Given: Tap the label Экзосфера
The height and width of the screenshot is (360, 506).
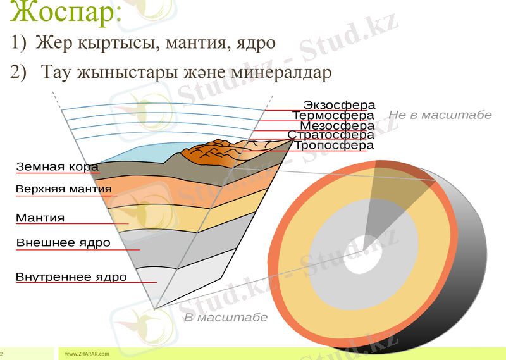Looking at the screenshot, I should click(x=339, y=105).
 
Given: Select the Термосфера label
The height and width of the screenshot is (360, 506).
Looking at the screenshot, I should click(x=333, y=116).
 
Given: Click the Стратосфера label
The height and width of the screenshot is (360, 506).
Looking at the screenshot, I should click(x=331, y=135).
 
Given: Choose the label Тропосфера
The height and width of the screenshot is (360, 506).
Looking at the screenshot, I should click(x=334, y=146).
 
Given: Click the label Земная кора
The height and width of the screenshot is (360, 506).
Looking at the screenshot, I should click(x=57, y=167).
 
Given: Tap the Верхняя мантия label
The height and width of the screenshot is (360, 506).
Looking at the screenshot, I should click(x=63, y=189).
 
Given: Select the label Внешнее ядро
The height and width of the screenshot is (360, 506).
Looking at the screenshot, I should click(x=63, y=242).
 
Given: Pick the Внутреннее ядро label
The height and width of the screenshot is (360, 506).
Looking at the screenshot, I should click(x=71, y=277).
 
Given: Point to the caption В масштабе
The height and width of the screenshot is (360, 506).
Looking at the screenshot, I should click(x=226, y=318).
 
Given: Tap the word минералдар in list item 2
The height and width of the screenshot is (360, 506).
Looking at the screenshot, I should click(x=281, y=72).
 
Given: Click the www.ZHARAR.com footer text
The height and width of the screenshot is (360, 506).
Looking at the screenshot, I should click(x=87, y=353).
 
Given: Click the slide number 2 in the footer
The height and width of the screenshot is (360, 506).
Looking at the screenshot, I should click(x=2, y=353).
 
